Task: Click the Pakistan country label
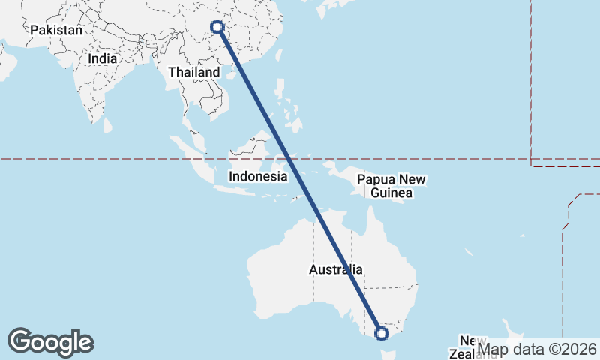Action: click(x=56, y=31)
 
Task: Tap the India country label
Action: click(x=102, y=58)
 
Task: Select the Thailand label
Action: click(x=194, y=72)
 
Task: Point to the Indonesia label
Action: click(x=258, y=177)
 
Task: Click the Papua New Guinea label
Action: click(x=391, y=186)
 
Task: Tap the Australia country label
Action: click(x=336, y=269)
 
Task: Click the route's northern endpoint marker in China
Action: click(x=217, y=27)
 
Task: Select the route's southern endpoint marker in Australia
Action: click(x=382, y=333)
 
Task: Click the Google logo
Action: click(x=51, y=342)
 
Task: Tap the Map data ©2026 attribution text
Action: click(x=538, y=349)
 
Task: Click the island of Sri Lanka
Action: click(x=107, y=124)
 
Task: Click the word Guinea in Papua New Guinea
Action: click(x=391, y=193)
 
